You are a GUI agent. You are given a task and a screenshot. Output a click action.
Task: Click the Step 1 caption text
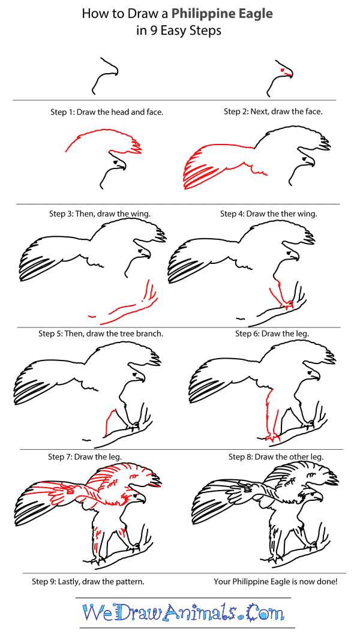click(107, 112)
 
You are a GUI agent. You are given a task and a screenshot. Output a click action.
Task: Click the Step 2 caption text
click(273, 112)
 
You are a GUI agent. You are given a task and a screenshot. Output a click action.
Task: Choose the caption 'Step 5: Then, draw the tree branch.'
click(101, 333)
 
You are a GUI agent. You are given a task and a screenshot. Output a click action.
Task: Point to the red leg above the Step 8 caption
click(265, 414)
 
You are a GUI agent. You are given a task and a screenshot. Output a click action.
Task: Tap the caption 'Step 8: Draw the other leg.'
click(276, 457)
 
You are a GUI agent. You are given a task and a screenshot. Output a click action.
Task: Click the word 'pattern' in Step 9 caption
click(129, 581)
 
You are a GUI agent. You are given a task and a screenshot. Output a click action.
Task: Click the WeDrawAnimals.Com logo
click(183, 612)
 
